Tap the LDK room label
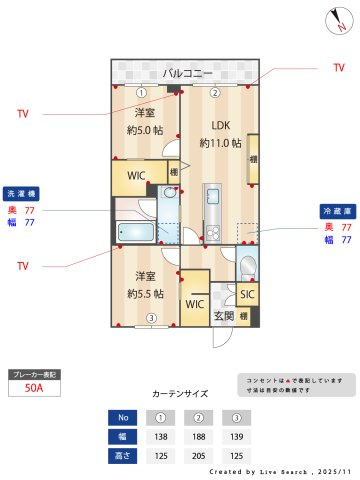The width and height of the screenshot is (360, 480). tap(220, 126)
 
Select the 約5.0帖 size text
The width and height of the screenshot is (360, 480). tap(145, 130)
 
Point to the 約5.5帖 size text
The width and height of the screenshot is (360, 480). tap(146, 293)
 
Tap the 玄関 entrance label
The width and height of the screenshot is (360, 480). tap(224, 316)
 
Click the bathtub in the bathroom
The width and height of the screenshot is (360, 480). tap(135, 233)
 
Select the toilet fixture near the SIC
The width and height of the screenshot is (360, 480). tap(247, 266)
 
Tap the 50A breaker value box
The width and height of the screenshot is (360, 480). tap(35, 390)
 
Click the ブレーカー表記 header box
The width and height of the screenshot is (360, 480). tap(35, 374)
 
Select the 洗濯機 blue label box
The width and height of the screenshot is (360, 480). tap(22, 193)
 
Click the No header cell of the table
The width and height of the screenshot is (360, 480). tap(123, 417)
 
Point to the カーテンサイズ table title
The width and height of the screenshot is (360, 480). tap(180, 395)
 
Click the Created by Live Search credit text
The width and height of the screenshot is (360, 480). tap(280, 470)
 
